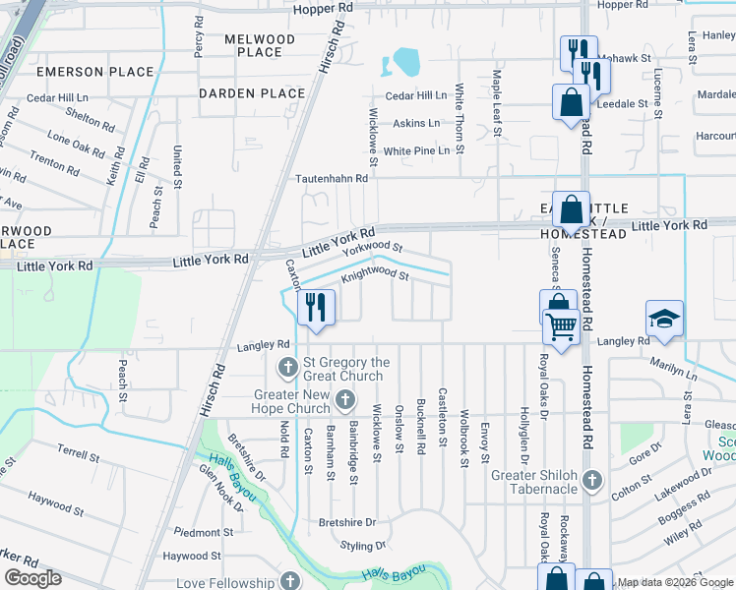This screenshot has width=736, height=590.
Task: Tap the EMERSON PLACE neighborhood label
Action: (95, 72)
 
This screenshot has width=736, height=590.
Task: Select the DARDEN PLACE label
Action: (252, 93)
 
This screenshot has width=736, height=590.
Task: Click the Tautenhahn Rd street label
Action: (333, 179)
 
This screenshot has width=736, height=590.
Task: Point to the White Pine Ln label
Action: (416, 150)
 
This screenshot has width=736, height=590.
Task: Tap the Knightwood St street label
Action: (375, 275)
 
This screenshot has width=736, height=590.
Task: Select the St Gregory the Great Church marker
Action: (288, 368)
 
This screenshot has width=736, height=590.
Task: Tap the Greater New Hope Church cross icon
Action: (344, 400)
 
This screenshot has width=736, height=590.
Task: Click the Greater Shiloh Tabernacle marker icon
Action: (591, 480)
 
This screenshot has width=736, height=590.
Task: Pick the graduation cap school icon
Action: (663, 319)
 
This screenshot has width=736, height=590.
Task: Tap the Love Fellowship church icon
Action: (288, 580)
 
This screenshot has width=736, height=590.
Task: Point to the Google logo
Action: (32, 578)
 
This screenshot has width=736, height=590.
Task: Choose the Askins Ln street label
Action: (417, 123)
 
